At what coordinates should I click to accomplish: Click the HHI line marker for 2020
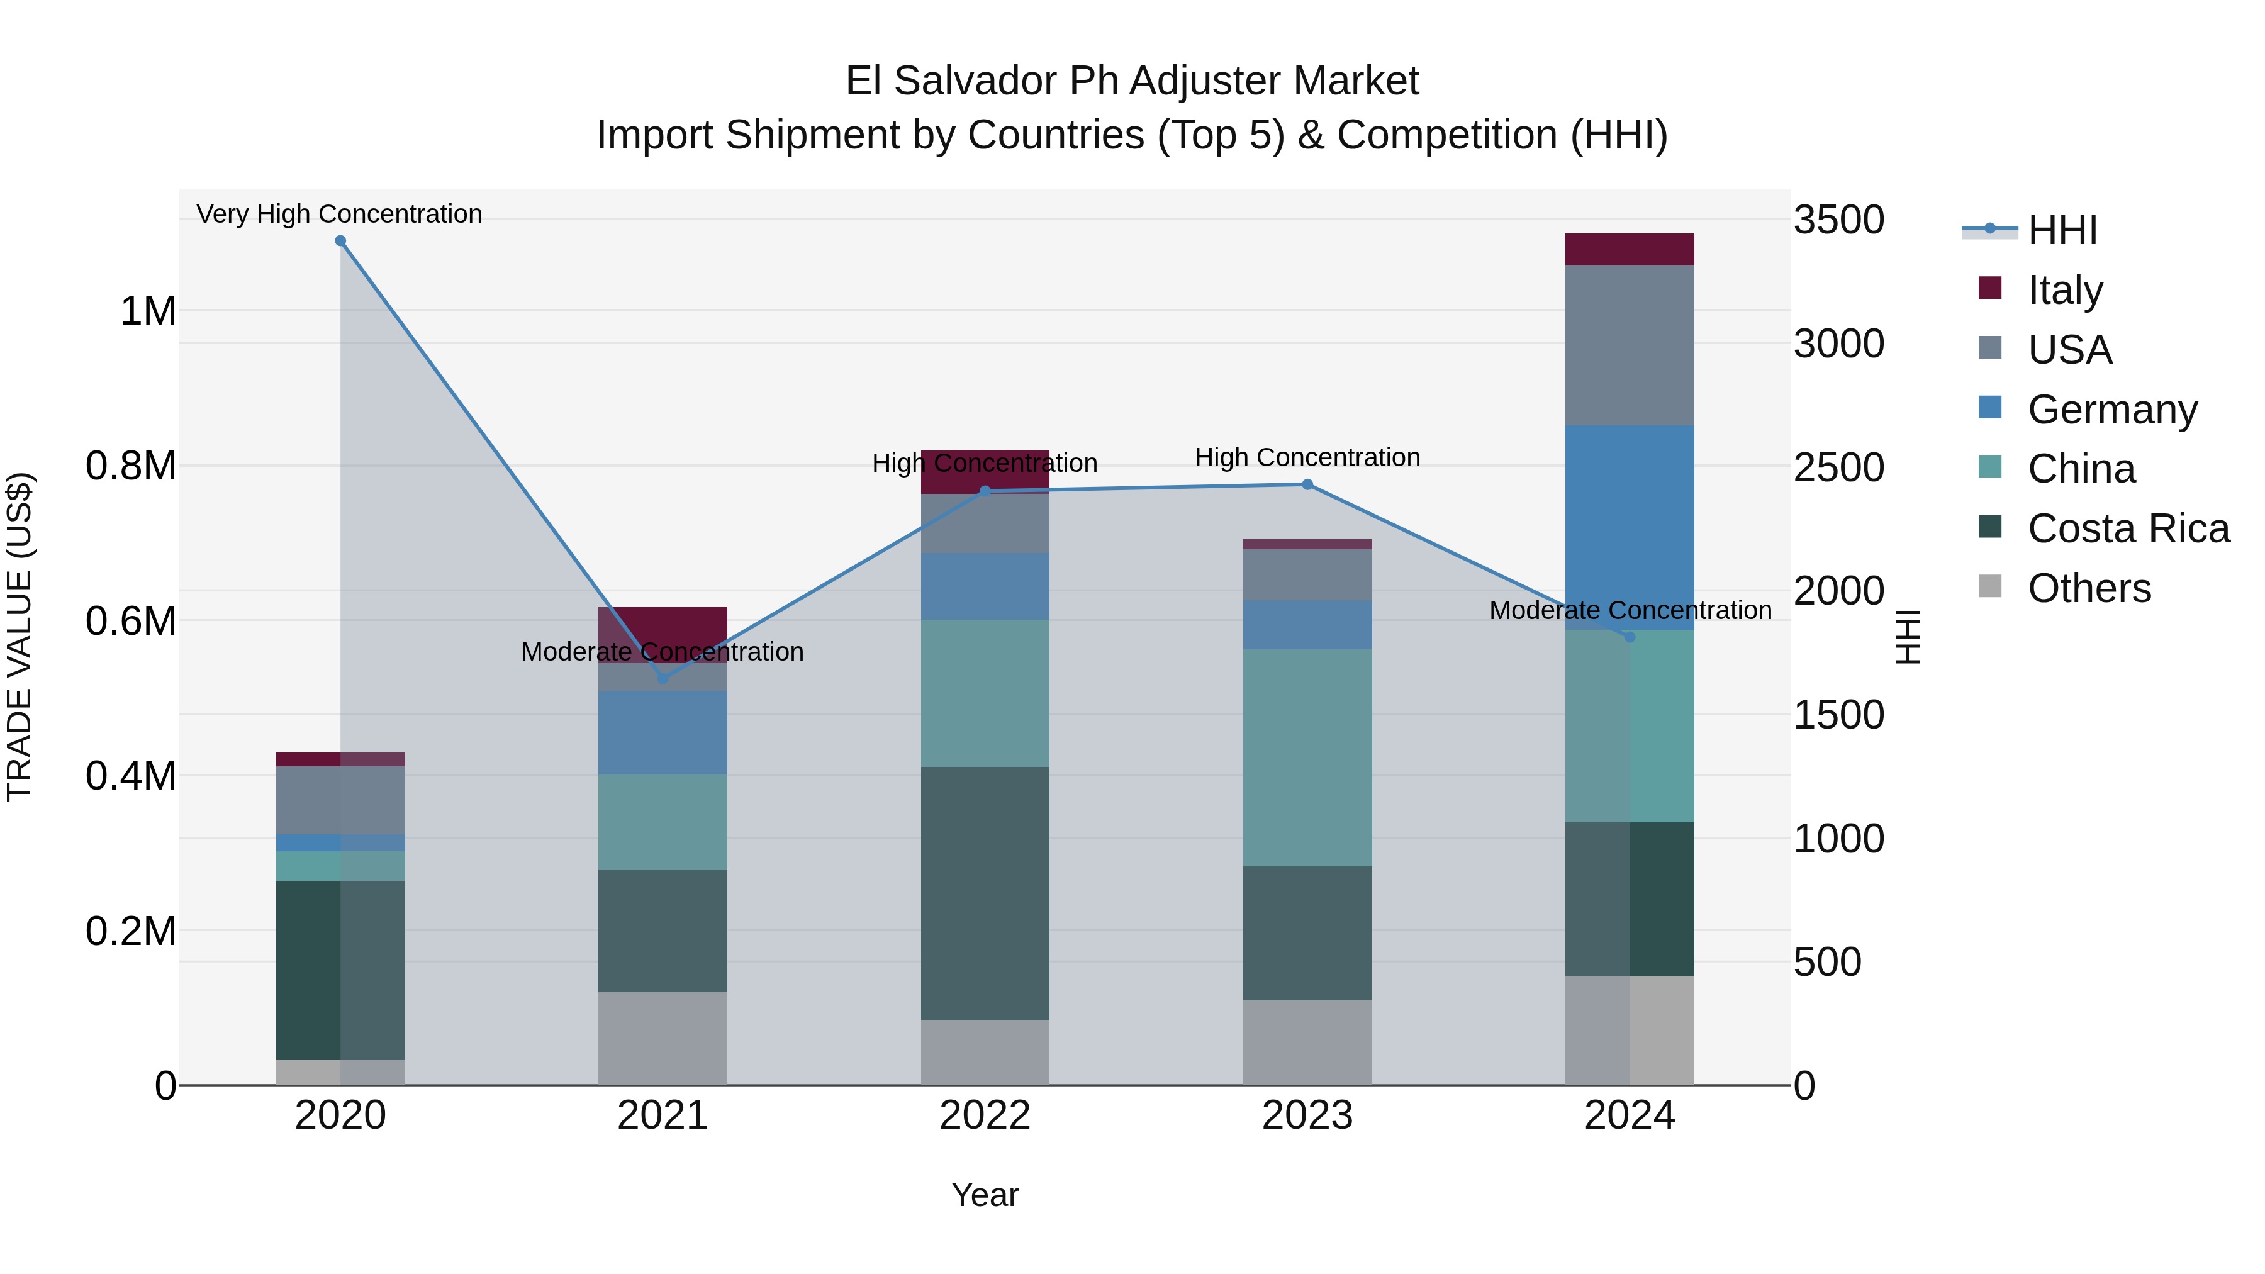(x=340, y=241)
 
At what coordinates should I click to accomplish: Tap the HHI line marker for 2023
(x=1307, y=484)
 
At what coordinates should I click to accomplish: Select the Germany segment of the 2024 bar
(x=1630, y=528)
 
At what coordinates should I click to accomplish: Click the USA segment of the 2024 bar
(x=1630, y=345)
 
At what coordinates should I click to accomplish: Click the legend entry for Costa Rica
(x=2128, y=528)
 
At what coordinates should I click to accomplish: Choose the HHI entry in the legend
(x=2062, y=230)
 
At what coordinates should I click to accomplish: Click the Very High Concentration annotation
(x=339, y=214)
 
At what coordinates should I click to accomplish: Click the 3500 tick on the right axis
(x=1838, y=220)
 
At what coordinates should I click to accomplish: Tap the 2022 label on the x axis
(x=985, y=1115)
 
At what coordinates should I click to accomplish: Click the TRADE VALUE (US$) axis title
(x=20, y=637)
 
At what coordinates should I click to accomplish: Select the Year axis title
(x=985, y=1195)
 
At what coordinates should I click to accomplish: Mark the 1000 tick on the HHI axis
(x=1838, y=839)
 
